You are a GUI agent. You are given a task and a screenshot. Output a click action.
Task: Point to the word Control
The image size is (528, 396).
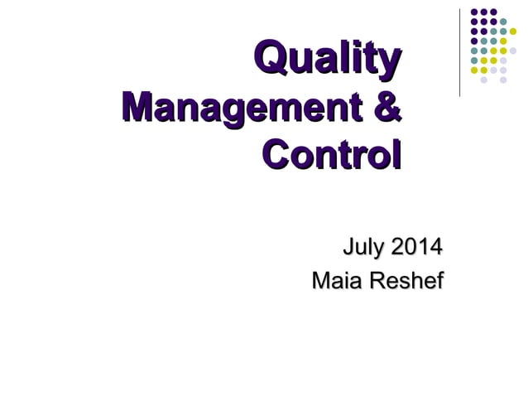(x=330, y=155)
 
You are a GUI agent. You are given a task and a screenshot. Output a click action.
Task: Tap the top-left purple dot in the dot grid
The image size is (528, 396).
(x=473, y=12)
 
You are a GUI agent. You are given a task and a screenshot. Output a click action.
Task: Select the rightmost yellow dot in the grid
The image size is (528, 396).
(x=513, y=31)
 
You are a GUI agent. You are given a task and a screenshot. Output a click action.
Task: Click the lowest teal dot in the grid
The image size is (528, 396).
(x=473, y=60)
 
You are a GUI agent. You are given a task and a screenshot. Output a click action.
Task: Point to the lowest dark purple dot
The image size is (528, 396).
(x=473, y=41)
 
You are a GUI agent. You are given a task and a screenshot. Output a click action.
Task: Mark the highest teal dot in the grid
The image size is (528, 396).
(x=503, y=22)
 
